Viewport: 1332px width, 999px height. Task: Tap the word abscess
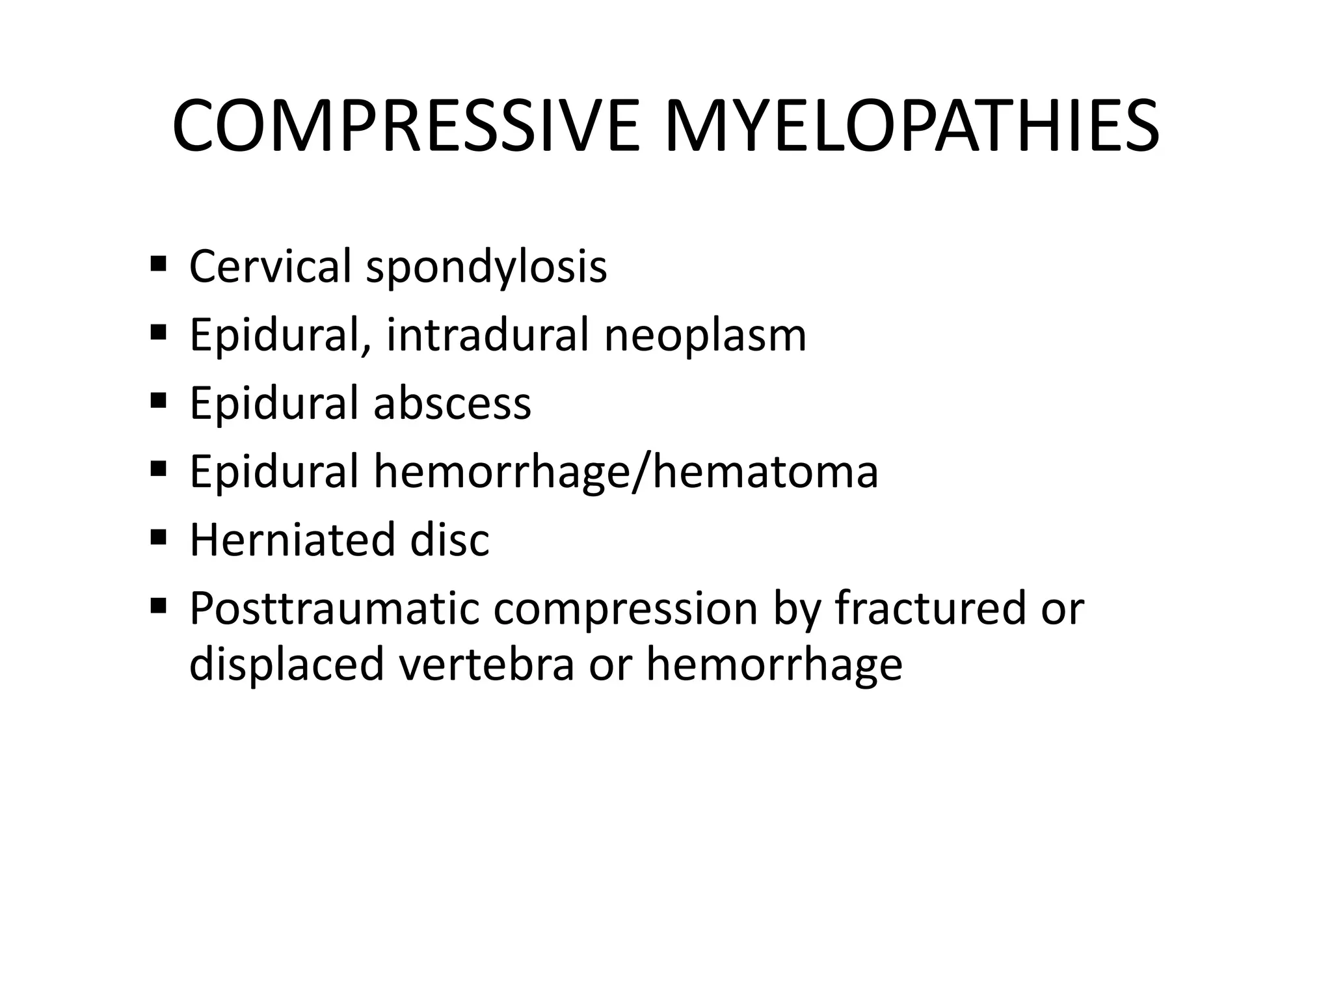tap(452, 403)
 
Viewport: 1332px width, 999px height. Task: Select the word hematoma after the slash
tap(766, 472)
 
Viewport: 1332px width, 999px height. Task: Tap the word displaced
tap(286, 665)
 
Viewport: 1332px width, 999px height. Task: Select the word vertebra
tap(487, 664)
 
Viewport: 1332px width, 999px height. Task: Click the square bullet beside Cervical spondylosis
tap(158, 265)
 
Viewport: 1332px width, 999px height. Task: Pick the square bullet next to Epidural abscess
tap(158, 401)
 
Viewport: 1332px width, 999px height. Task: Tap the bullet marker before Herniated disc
tap(158, 538)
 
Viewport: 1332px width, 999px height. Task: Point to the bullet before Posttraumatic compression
tap(158, 606)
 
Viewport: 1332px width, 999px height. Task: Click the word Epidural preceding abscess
tap(274, 403)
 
